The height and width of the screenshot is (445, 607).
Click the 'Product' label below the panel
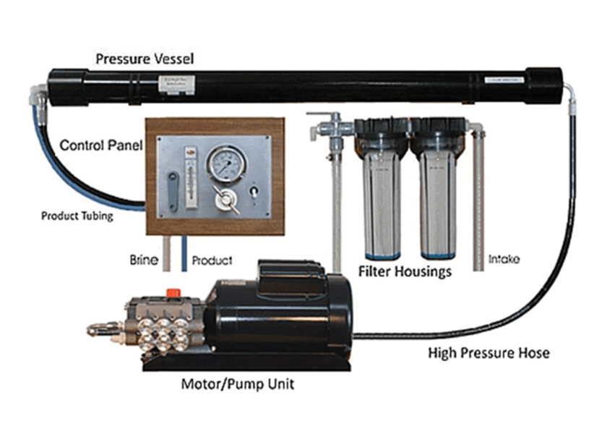tap(212, 260)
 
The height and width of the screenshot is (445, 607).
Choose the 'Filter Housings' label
tap(405, 271)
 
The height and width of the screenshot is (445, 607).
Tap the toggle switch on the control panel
tap(254, 192)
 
